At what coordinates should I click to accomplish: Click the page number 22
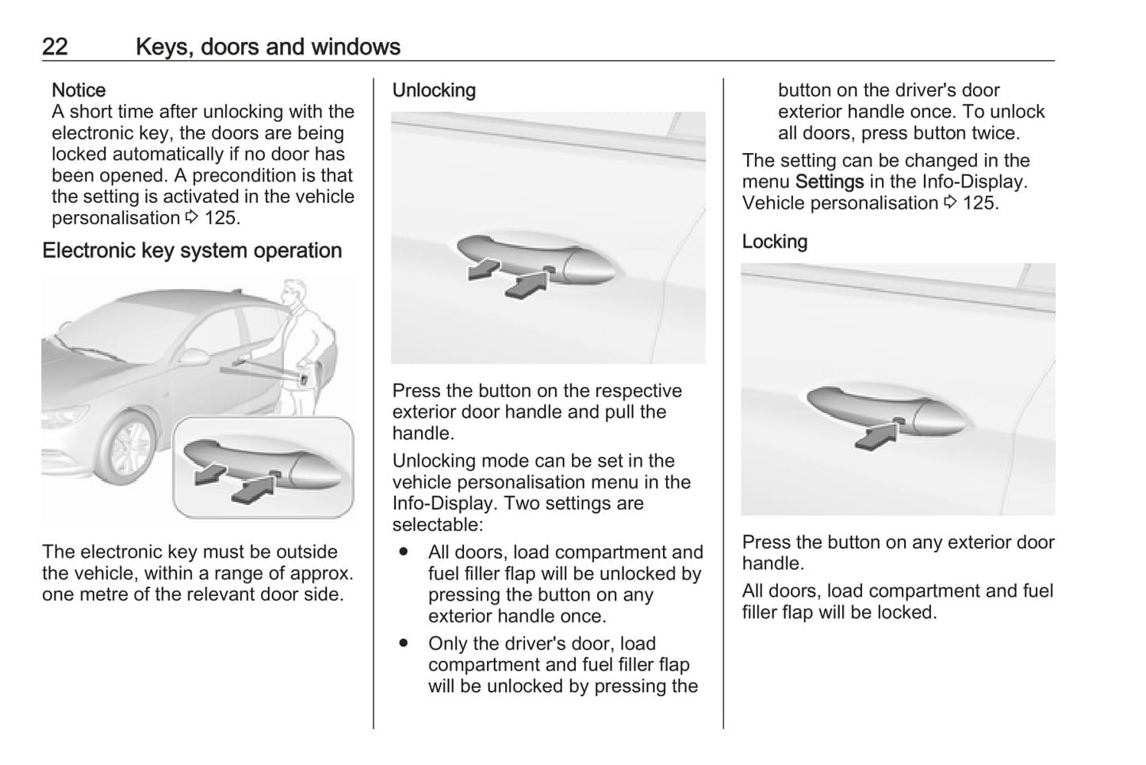[x=55, y=47]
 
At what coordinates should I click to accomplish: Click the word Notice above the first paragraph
[x=79, y=90]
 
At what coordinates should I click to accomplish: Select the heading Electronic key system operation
[x=192, y=251]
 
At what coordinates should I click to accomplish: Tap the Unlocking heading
[x=434, y=90]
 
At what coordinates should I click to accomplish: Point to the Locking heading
[x=774, y=242]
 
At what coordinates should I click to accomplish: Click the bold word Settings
[x=829, y=182]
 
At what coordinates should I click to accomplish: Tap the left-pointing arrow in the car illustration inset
[x=207, y=475]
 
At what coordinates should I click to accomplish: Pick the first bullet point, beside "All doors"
[x=404, y=552]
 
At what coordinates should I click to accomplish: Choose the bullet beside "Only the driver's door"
[x=404, y=644]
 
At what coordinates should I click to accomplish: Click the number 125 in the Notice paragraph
[x=222, y=218]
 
